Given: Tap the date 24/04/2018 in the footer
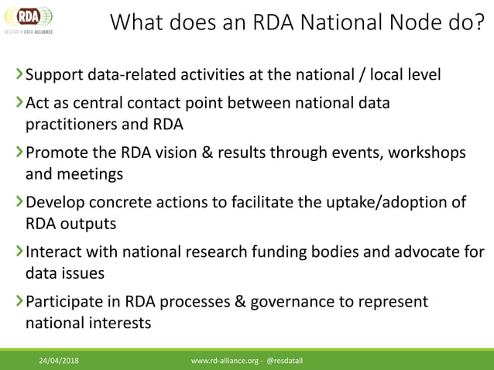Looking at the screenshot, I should pos(60,361).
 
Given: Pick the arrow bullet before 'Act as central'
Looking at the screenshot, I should pos(19,102).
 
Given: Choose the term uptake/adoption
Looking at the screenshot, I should pos(383,203).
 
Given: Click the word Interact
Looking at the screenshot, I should pos(53,252).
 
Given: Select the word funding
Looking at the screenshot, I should pos(283,252).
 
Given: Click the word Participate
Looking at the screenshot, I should pos(64,302).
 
